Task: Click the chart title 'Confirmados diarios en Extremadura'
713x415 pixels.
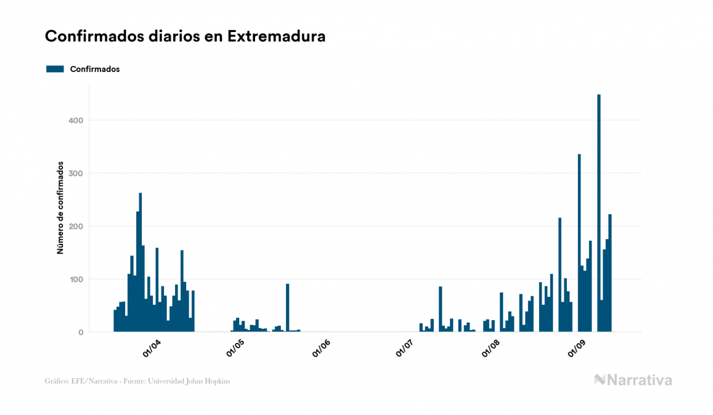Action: (185, 36)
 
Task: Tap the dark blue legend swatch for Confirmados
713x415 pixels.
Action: (55, 69)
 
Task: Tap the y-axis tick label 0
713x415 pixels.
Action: (80, 332)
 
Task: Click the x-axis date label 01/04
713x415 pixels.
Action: (152, 349)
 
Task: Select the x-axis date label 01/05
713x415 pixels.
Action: (235, 349)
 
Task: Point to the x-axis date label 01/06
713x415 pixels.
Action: (322, 349)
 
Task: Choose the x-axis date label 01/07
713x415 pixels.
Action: (405, 349)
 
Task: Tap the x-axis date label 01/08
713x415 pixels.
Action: (491, 349)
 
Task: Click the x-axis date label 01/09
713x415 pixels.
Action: (576, 349)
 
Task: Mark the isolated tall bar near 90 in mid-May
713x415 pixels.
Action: (287, 308)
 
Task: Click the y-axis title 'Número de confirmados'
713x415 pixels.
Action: (60, 208)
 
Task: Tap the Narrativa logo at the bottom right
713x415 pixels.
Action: (633, 380)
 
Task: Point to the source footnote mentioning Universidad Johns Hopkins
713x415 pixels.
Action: (137, 381)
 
